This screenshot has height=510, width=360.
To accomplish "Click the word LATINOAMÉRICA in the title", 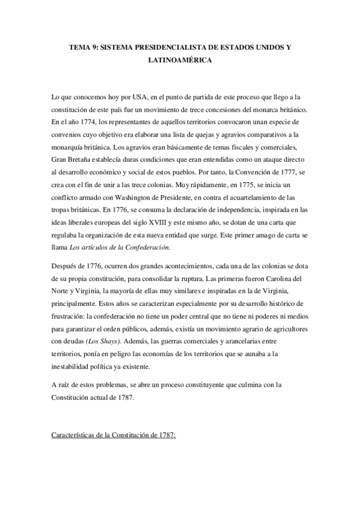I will click(x=180, y=61).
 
